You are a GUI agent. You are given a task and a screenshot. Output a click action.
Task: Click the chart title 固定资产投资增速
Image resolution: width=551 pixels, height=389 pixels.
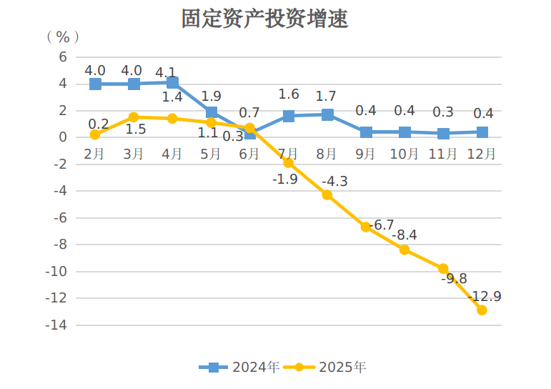click(265, 19)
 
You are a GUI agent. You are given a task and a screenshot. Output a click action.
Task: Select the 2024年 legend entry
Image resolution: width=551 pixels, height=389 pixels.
click(239, 368)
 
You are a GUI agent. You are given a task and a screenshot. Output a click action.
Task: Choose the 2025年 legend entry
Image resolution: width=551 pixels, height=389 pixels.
click(326, 368)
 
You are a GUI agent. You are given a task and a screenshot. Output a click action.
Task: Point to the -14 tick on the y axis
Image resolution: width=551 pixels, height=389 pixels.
click(57, 325)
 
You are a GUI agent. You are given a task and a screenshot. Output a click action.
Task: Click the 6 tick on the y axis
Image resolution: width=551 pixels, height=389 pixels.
click(63, 56)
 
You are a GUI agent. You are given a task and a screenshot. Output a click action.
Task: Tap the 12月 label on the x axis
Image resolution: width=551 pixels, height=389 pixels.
click(482, 154)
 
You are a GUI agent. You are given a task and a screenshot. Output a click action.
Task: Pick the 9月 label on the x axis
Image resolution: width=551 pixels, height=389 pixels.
click(366, 154)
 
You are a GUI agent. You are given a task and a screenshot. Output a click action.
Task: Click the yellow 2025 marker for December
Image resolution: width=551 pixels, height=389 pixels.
click(482, 310)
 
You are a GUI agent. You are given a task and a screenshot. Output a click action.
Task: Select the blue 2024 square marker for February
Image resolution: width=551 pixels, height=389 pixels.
click(95, 84)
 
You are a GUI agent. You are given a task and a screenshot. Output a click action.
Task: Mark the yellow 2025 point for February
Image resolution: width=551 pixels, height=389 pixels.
click(95, 134)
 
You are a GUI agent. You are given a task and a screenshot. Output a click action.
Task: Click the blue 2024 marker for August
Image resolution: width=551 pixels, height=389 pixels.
click(327, 114)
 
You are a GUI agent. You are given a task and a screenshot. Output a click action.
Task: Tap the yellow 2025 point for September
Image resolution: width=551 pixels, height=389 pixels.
click(366, 227)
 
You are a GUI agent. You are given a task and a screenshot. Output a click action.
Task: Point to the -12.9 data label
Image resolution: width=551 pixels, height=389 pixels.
click(485, 296)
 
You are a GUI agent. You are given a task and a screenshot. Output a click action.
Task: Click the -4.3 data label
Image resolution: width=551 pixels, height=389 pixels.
click(334, 182)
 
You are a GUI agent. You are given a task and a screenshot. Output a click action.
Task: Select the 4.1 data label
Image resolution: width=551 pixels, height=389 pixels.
click(166, 73)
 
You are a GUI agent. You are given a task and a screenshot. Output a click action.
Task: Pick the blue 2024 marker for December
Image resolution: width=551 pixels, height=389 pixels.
click(482, 132)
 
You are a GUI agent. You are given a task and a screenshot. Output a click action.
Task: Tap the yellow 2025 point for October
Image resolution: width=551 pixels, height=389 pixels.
click(404, 250)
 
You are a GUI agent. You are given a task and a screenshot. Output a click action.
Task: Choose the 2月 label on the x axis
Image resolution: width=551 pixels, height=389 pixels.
click(95, 154)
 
